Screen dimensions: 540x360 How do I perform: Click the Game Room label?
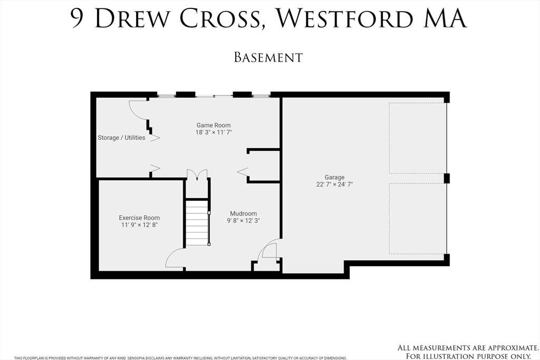coord(214,125)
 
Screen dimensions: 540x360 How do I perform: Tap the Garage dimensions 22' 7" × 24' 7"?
coord(334,184)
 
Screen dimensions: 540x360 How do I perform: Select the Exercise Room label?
coord(139,218)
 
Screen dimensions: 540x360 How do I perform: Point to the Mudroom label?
coord(243,213)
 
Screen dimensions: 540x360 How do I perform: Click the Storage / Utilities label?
coord(121,138)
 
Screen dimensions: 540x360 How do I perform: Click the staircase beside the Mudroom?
coord(197,222)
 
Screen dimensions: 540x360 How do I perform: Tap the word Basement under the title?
coord(268,57)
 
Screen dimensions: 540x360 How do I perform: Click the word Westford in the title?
coord(345,18)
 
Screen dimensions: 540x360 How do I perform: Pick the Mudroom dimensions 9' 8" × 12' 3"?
coord(243,221)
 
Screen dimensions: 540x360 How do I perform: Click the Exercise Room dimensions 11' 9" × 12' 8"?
coord(139,225)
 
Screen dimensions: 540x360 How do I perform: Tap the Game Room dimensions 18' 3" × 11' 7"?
coord(214,132)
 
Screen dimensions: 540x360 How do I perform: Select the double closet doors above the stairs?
coord(197,174)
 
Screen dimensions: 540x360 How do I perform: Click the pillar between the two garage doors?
coord(447,178)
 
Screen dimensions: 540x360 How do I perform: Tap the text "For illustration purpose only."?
coord(468,356)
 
